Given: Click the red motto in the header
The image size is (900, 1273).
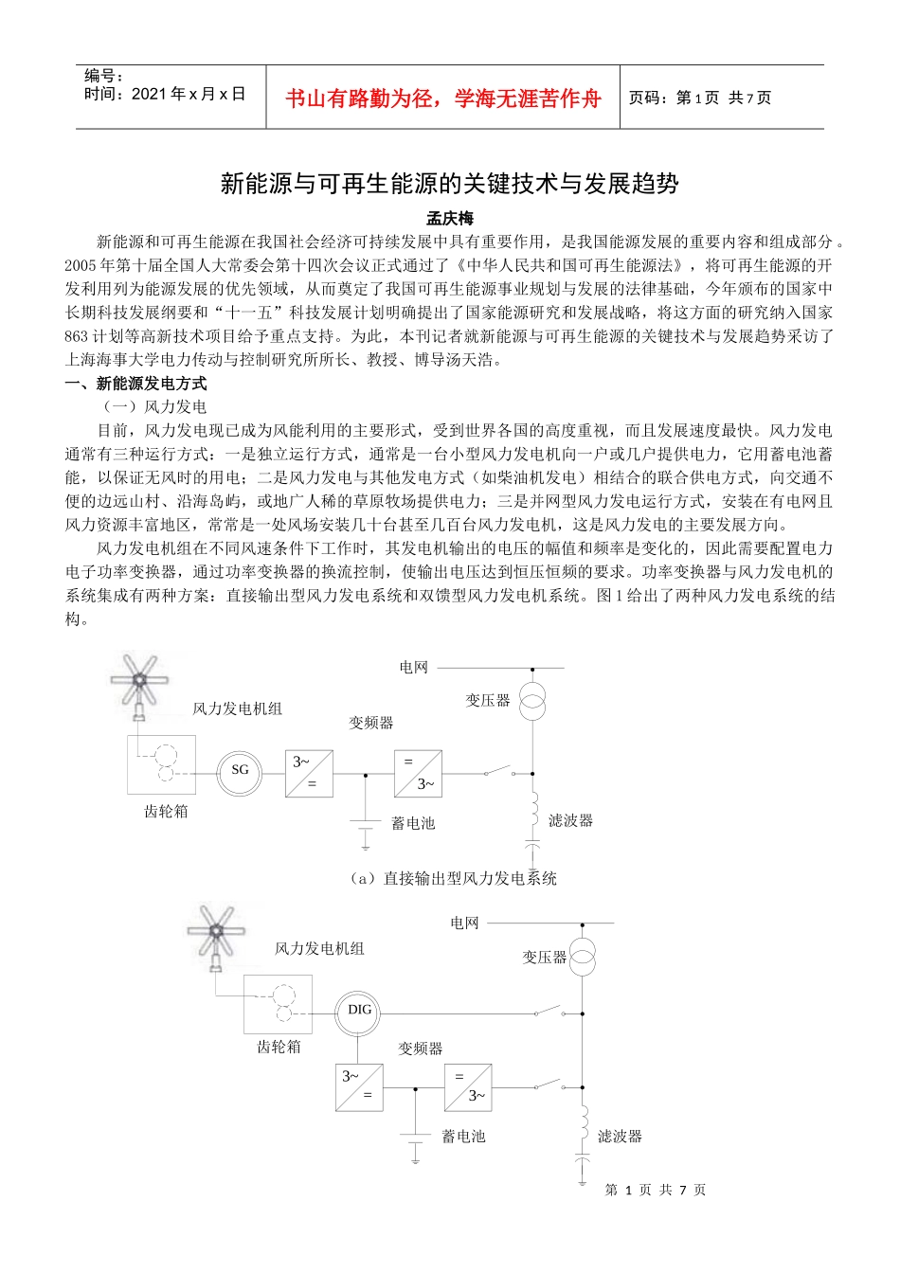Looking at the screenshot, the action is click(442, 99).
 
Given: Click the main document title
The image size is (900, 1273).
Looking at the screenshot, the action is click(449, 183).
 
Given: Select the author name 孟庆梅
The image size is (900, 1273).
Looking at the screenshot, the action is click(449, 219).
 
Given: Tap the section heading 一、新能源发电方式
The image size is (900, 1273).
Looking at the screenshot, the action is click(135, 384).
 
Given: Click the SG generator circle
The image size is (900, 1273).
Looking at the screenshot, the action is click(240, 771).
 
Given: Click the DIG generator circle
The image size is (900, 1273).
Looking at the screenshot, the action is click(359, 1011).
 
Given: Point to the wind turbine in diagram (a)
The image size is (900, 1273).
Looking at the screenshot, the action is click(139, 681).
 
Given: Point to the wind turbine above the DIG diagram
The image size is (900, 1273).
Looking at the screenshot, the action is click(216, 934).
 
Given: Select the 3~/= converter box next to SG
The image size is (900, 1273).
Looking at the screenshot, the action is click(309, 773).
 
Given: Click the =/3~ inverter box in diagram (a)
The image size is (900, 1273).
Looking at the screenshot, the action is click(418, 773).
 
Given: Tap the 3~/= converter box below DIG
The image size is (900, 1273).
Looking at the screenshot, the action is click(359, 1087).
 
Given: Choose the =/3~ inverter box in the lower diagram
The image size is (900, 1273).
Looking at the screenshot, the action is click(468, 1087).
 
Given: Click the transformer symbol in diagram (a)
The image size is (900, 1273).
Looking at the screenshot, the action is click(533, 700).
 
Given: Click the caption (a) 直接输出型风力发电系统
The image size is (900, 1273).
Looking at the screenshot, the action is click(453, 878).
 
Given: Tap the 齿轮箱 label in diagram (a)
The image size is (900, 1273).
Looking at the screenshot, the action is click(166, 812).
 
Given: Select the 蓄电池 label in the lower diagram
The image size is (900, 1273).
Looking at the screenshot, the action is click(463, 1137).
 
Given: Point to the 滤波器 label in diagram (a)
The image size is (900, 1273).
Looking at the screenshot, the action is click(570, 820).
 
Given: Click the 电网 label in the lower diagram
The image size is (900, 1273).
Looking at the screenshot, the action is click(464, 923).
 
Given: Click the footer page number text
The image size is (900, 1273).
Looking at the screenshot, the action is click(656, 1190).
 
